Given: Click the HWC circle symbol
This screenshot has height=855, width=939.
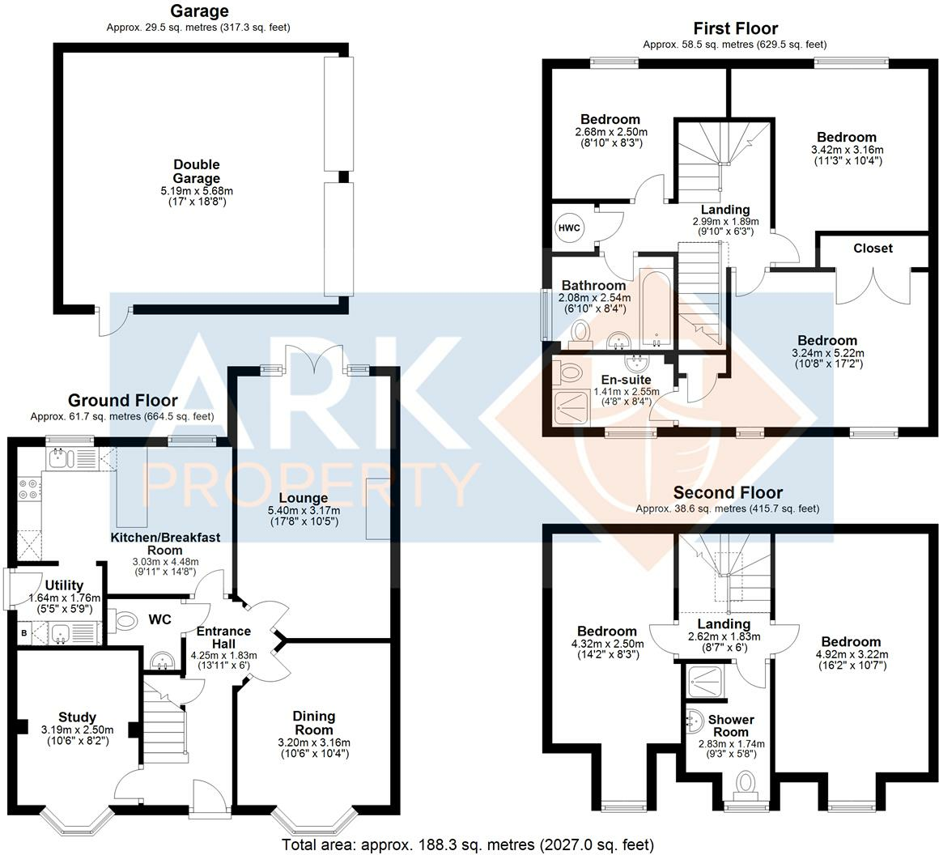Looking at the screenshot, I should click(569, 228).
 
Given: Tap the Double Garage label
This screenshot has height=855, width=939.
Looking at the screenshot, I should click(196, 172).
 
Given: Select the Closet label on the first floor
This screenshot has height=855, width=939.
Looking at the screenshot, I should click(873, 249).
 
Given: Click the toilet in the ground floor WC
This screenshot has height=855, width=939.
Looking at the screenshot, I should click(126, 621).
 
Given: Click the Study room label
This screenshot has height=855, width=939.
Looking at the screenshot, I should click(77, 717).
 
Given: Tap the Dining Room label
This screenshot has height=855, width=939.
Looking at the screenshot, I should click(313, 723).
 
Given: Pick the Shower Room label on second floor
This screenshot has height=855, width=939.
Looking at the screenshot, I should click(731, 725).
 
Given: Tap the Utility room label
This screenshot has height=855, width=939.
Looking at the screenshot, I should click(64, 585).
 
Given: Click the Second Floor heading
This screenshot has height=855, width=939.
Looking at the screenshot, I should click(728, 493).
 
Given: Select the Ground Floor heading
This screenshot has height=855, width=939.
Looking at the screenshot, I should click(122, 401).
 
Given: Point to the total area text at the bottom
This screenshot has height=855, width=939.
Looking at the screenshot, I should click(468, 845).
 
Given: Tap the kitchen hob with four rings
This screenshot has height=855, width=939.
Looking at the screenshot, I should click(27, 488).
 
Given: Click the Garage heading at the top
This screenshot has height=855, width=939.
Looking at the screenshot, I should click(198, 11).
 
